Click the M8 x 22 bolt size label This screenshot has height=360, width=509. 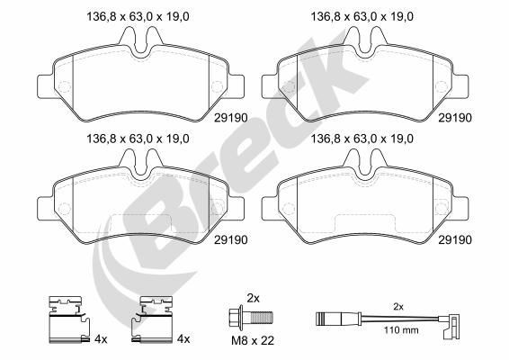point(253,340)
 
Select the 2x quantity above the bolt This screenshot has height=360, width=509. point(254,297)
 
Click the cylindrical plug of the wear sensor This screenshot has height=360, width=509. point(325,318)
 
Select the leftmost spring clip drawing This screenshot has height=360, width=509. point(66,321)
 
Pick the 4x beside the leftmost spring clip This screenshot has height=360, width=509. point(100,338)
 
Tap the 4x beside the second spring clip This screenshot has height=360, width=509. point(183,338)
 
